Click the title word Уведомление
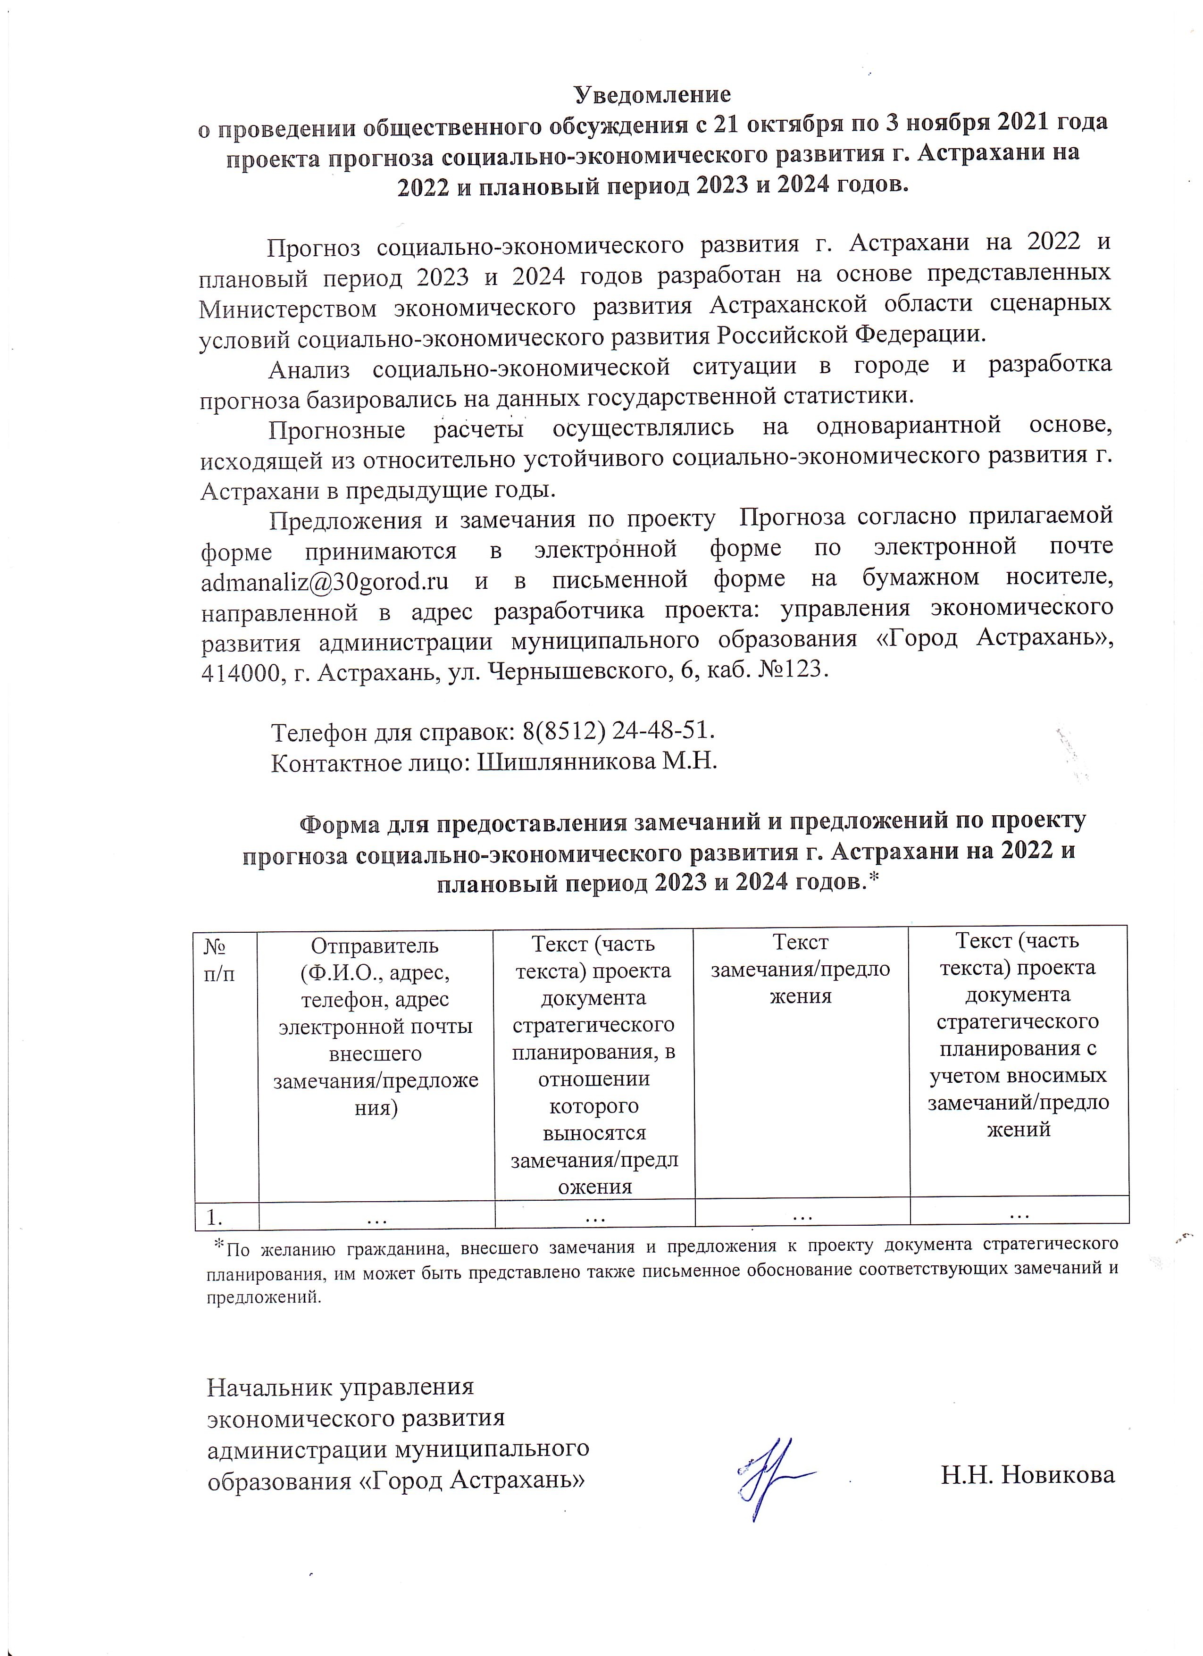(652, 95)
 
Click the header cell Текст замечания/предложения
(801, 969)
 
